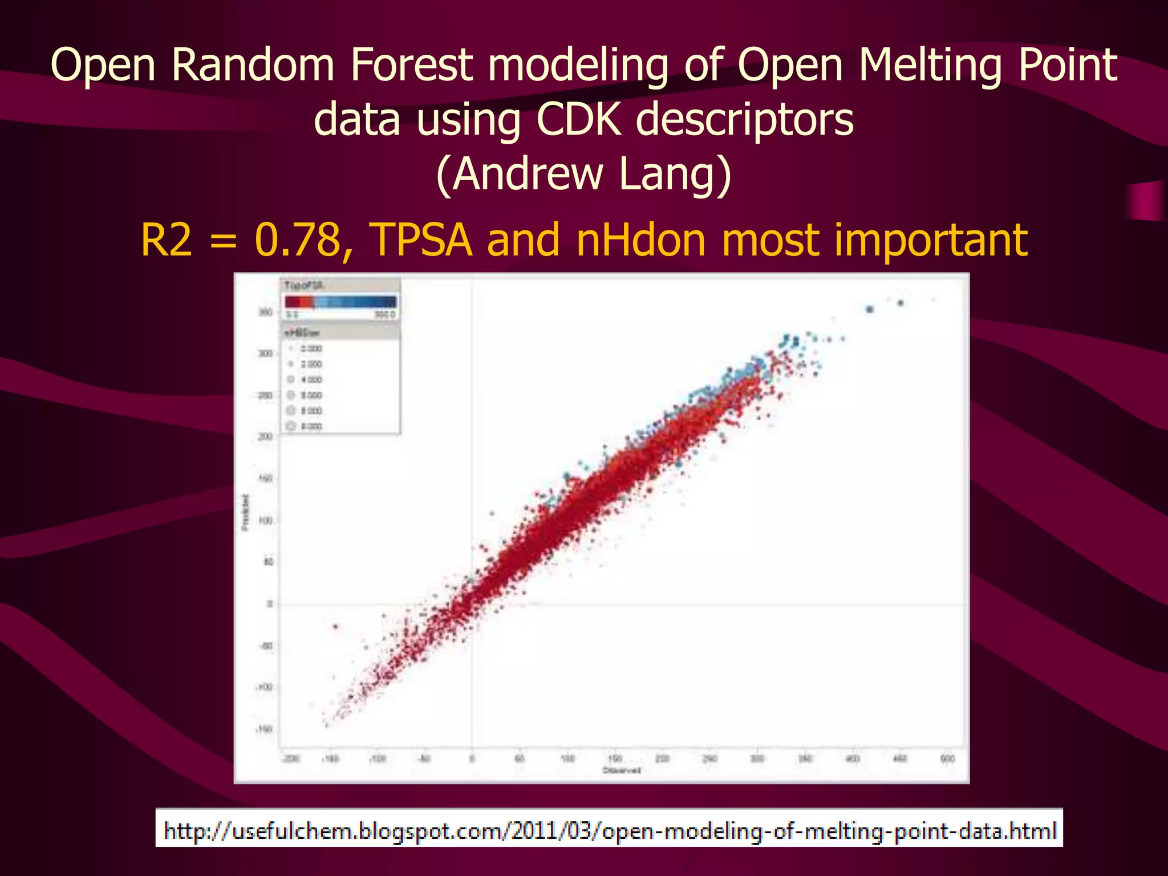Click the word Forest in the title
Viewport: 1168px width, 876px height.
pos(411,64)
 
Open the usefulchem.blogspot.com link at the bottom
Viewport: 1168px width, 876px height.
pos(609,830)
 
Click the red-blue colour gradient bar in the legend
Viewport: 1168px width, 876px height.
pos(340,302)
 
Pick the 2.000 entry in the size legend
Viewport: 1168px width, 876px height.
pos(311,364)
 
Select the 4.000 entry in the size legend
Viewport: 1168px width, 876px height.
pos(311,379)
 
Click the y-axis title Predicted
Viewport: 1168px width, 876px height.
pos(246,512)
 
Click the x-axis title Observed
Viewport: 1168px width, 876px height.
pos(622,770)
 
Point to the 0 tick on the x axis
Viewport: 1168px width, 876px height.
pos(472,759)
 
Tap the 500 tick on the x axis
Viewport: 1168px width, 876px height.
pos(947,759)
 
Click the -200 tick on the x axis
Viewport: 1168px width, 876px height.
pos(291,759)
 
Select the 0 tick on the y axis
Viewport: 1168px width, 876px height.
pos(270,604)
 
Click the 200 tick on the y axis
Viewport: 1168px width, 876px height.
pos(265,437)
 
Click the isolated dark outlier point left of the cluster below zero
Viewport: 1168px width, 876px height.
pos(335,627)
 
